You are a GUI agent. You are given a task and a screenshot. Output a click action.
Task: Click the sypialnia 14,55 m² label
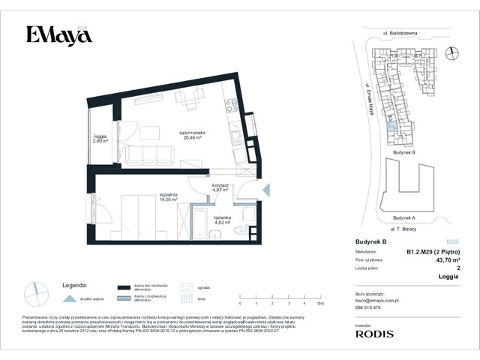pos(168,197)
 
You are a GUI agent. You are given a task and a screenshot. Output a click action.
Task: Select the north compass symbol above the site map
pos(452,52)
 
